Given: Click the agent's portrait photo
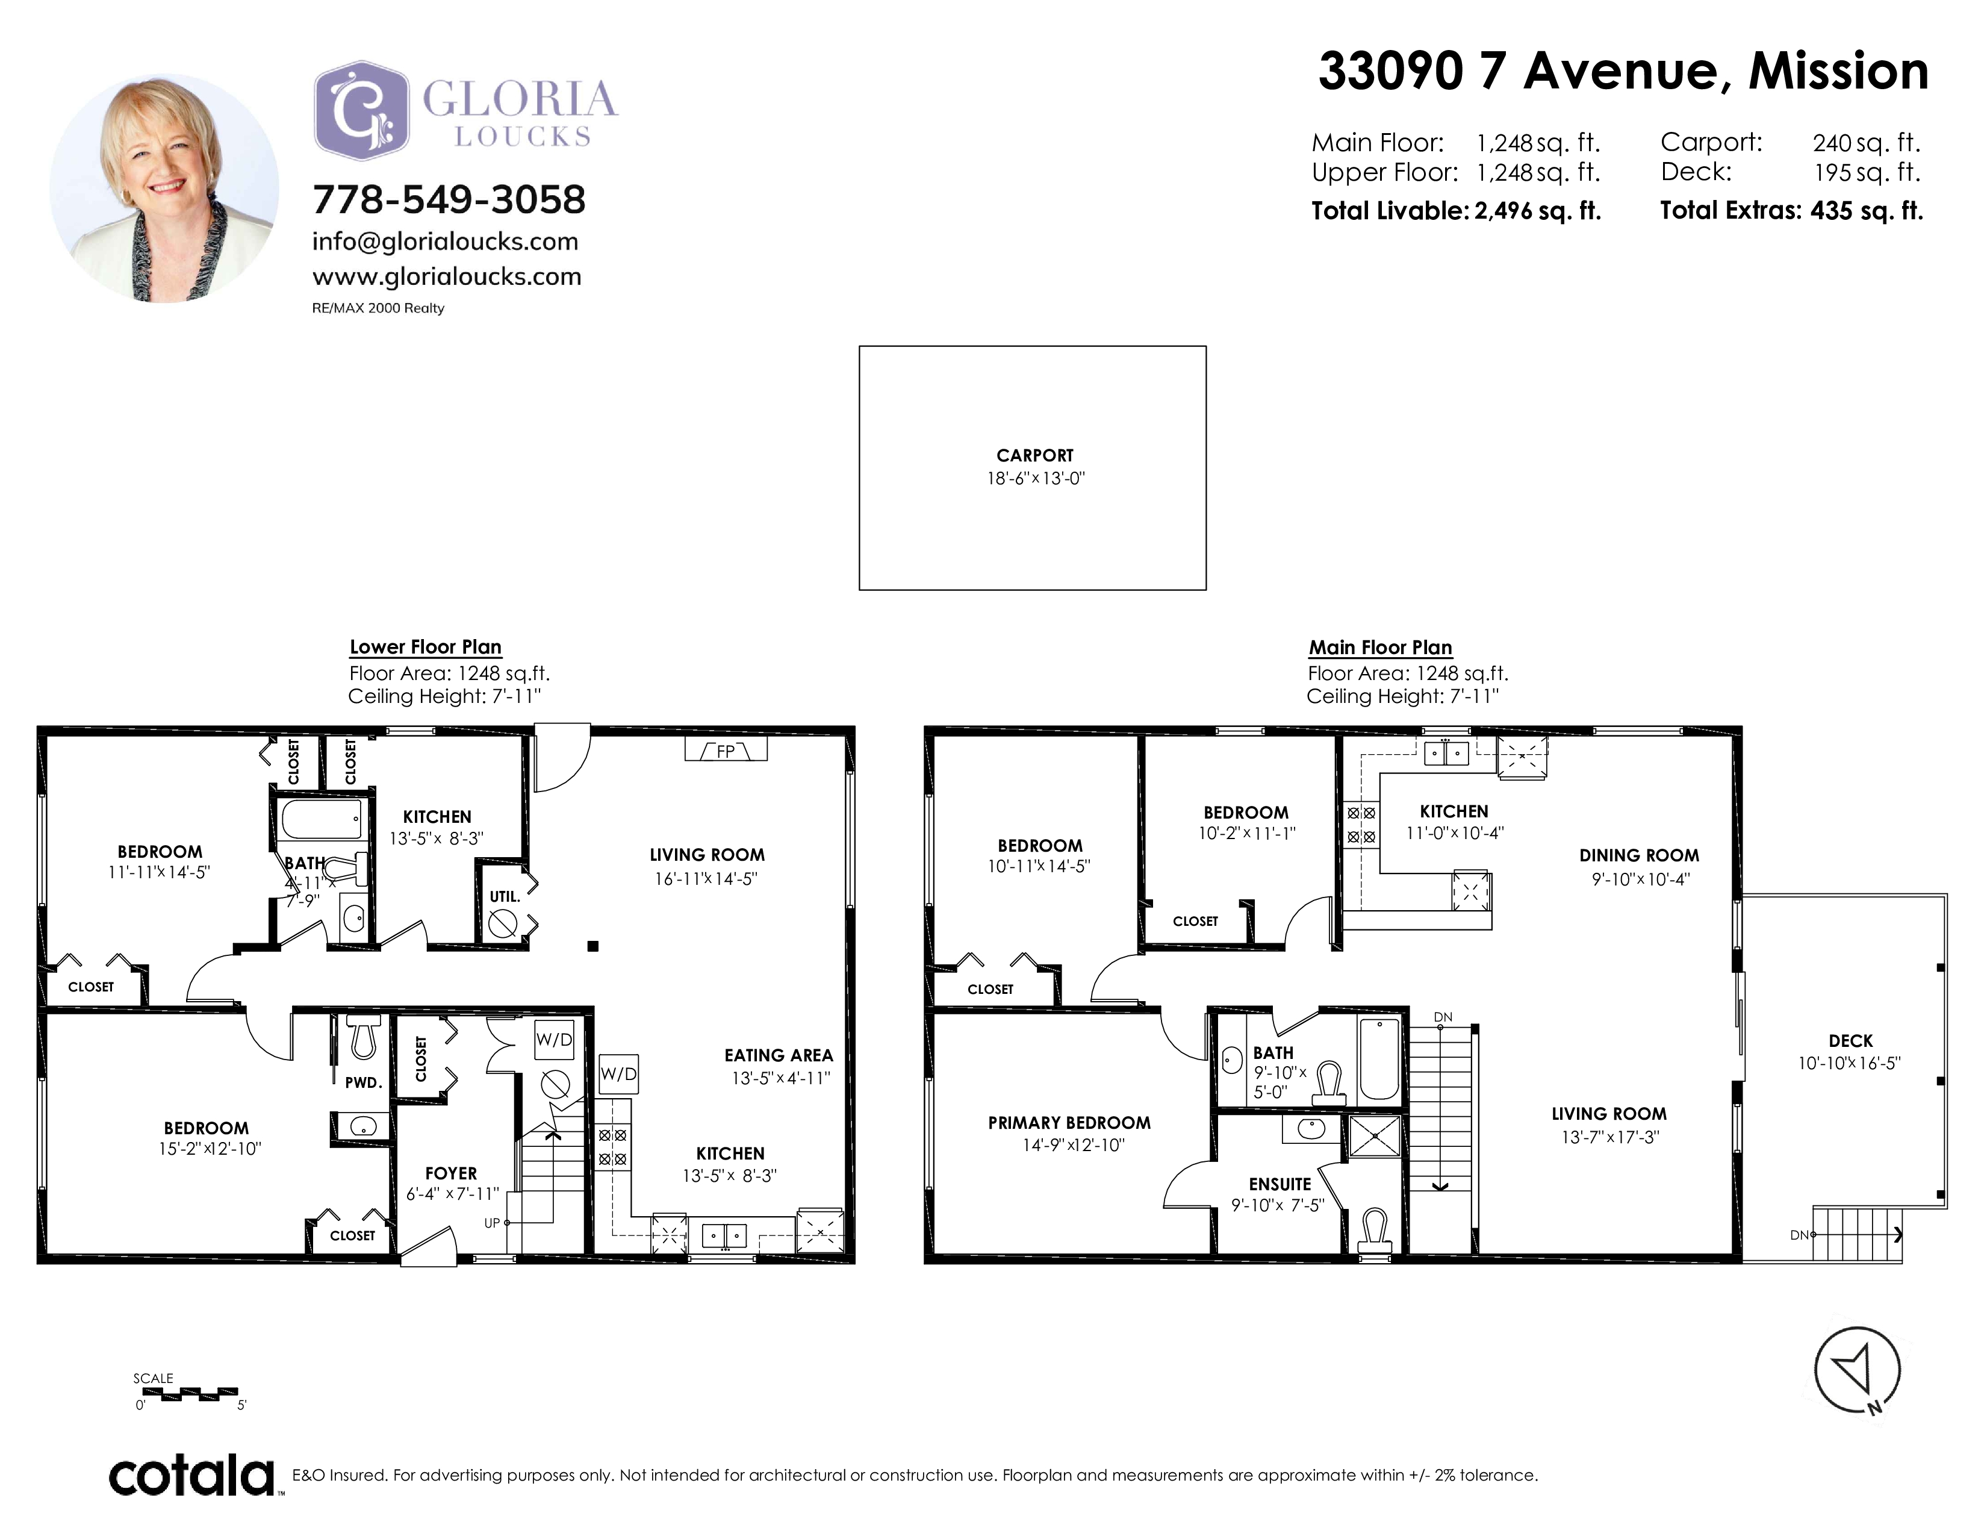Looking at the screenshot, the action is [164, 189].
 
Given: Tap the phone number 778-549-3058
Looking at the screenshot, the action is [449, 200].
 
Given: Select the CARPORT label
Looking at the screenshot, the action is [1034, 455].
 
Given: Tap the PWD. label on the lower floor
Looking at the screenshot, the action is [363, 1083].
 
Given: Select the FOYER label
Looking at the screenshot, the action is [451, 1173].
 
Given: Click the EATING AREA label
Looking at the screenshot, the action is [779, 1055].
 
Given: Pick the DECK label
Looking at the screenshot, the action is [1850, 1041].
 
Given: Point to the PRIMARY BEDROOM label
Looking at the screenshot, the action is [1069, 1123].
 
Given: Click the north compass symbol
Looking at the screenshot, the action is [1857, 1370].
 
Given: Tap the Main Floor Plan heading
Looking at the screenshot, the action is [1380, 648].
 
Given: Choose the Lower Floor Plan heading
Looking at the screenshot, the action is [426, 647].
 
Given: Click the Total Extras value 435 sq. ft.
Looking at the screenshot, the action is [1867, 211].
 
